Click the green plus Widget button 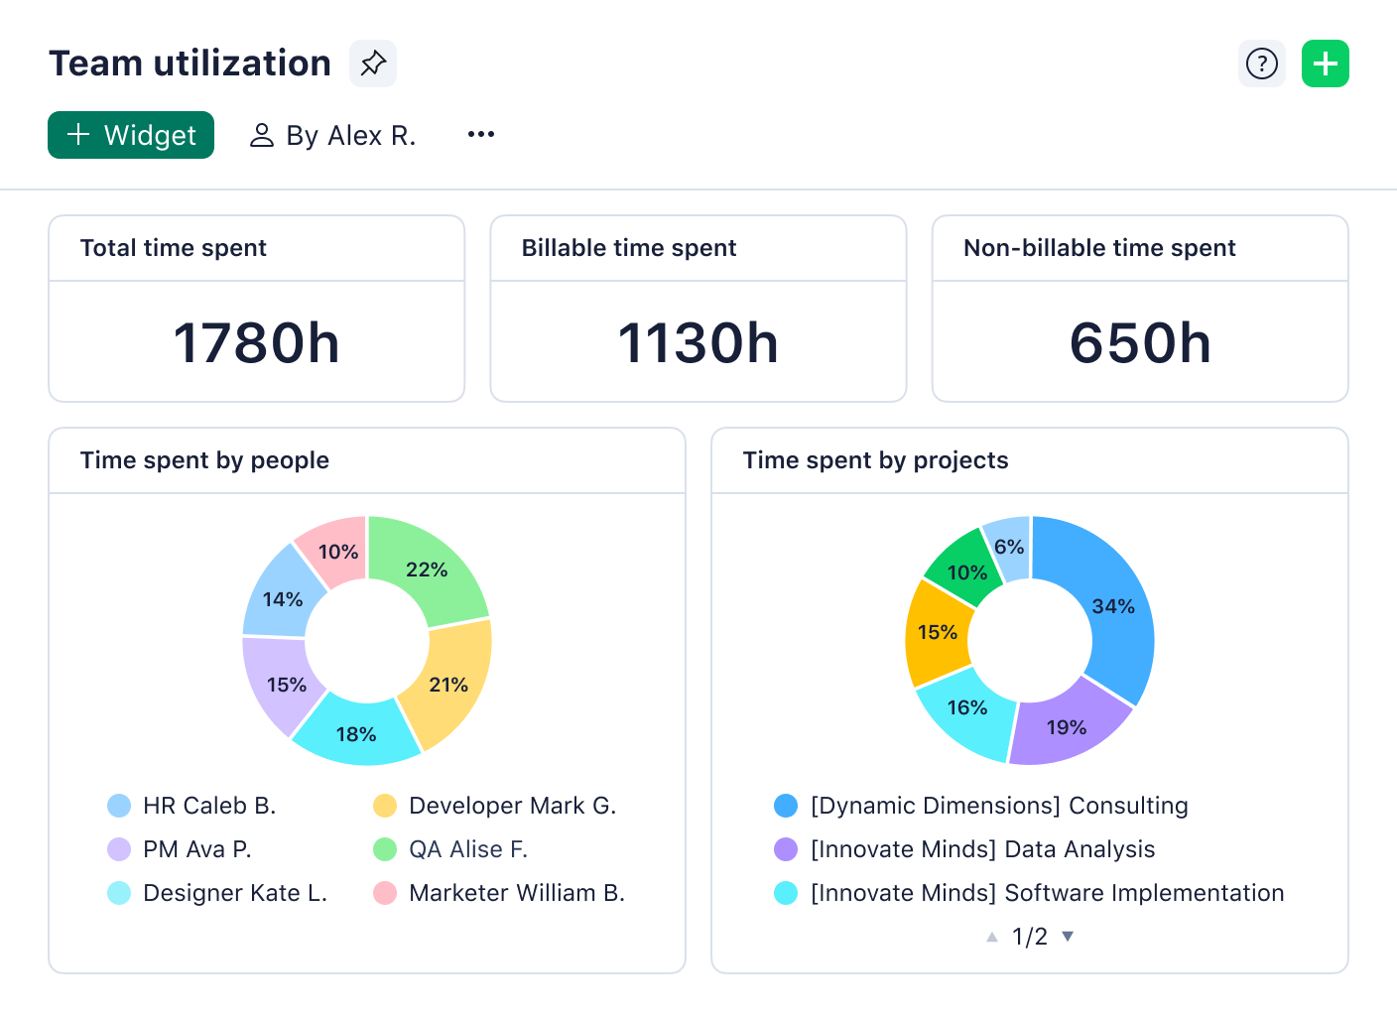131,135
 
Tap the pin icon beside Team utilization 373,63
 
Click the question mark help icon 1261,63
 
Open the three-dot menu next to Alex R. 481,135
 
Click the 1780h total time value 256,343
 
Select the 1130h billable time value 698,343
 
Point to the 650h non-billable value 1139,343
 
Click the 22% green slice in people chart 427,570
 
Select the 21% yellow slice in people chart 449,685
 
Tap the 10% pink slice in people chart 337,552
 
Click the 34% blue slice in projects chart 1112,606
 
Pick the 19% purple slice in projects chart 1067,727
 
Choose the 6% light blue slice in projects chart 1009,547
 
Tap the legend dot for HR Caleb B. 119,806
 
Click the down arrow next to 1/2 1068,936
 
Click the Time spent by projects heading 875,460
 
